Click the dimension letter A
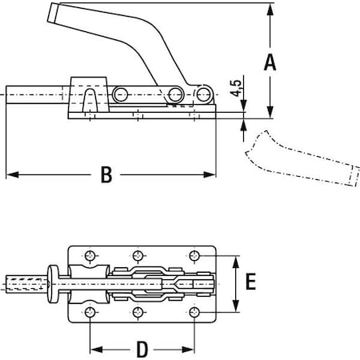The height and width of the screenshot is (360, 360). [x=270, y=62]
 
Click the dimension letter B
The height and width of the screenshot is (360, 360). [x=107, y=175]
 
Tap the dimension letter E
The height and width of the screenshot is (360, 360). [x=250, y=282]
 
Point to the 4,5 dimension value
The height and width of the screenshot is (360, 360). [x=235, y=88]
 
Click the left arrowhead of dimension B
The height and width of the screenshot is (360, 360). [x=10, y=174]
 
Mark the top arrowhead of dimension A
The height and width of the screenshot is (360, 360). [x=270, y=7]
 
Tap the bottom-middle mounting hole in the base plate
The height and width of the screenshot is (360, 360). [x=139, y=311]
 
